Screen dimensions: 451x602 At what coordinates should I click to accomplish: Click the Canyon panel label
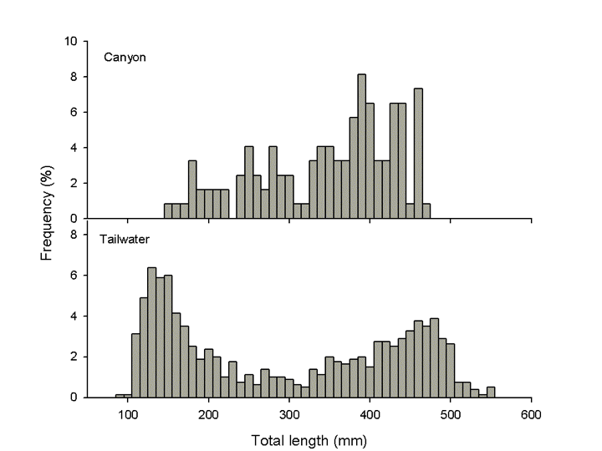click(125, 58)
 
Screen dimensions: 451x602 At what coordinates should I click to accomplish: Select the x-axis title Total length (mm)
click(309, 437)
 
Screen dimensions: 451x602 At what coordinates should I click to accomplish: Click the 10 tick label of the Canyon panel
click(72, 41)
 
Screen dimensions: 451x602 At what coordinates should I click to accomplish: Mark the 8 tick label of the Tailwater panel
click(74, 235)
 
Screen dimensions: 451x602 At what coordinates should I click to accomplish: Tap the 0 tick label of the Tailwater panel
click(74, 398)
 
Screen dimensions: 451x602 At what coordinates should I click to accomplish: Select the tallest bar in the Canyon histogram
click(362, 146)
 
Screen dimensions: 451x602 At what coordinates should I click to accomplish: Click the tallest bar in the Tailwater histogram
click(152, 332)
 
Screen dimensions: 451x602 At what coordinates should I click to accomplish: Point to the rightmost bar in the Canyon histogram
click(426, 211)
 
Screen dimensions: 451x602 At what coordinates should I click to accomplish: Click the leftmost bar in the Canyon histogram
click(168, 211)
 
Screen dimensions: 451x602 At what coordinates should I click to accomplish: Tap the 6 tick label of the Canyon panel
click(74, 112)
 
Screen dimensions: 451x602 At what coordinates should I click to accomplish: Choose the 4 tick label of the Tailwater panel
click(74, 317)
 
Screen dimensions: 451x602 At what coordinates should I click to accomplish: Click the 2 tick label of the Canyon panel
click(74, 183)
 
